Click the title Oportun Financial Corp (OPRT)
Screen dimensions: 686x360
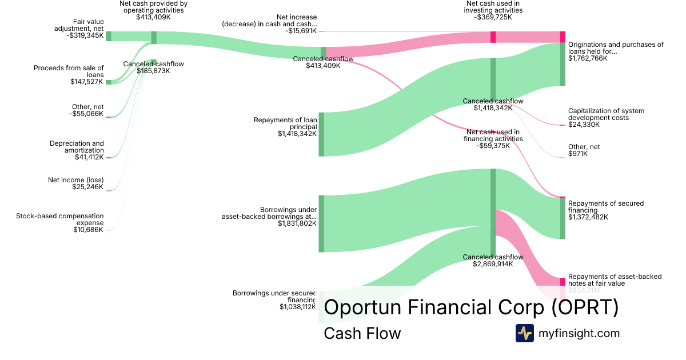471,307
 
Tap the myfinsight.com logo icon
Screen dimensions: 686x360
524,333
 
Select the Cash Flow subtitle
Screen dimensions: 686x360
362,333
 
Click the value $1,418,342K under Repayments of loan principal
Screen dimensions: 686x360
297,134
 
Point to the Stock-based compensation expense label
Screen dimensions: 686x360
60,219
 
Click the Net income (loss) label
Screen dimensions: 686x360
76,180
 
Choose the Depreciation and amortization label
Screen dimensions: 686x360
77,147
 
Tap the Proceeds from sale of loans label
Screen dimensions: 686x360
69,71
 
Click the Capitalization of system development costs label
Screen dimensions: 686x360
607,114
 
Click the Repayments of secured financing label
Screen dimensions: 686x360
606,207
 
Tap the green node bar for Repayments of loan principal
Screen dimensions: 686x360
321,134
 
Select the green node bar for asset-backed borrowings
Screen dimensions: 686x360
321,223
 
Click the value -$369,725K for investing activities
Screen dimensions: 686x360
494,17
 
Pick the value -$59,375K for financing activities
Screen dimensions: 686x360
493,145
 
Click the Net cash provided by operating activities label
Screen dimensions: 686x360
153,7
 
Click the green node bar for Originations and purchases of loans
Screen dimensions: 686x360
563,64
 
